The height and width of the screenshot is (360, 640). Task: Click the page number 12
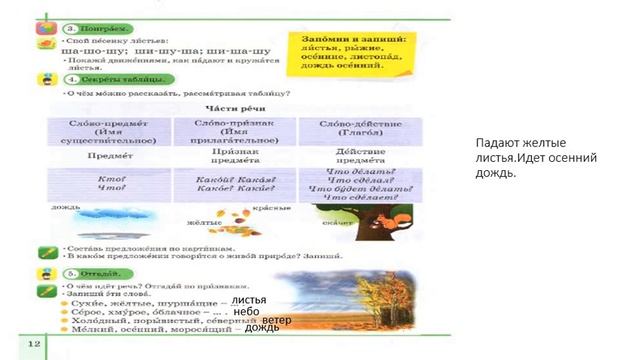point(34,345)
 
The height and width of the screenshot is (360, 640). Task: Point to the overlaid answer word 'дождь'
point(262,329)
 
